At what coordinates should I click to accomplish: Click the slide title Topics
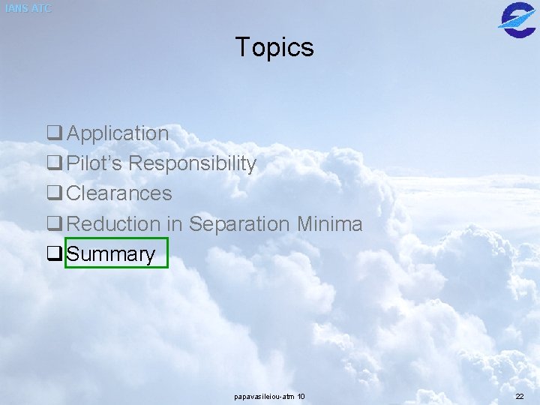click(x=274, y=47)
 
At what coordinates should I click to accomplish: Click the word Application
click(x=118, y=133)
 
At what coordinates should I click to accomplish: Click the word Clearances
click(x=119, y=193)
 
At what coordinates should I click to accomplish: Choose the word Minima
click(x=330, y=223)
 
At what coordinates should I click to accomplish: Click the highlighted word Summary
click(x=111, y=254)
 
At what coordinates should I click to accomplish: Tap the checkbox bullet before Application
click(x=54, y=134)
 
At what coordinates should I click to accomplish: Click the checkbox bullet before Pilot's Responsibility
click(x=54, y=164)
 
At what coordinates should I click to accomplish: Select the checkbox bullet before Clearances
click(x=54, y=194)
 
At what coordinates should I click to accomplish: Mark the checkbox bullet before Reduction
click(x=54, y=224)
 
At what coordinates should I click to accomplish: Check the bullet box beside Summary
click(x=54, y=254)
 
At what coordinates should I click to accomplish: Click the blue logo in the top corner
click(x=517, y=18)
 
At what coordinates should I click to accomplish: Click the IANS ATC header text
click(x=28, y=8)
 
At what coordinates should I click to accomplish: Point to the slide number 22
click(x=520, y=396)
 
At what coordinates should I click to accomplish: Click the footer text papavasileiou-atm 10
click(x=269, y=396)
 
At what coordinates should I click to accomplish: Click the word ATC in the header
click(x=42, y=8)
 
